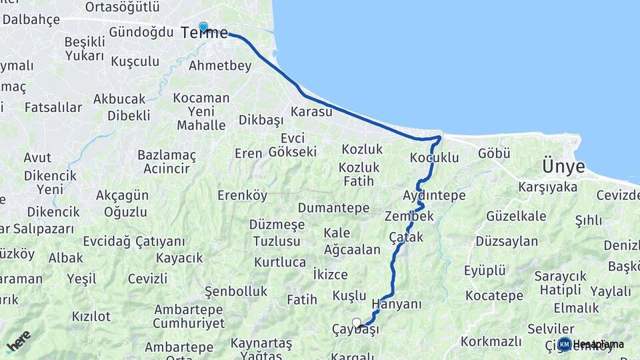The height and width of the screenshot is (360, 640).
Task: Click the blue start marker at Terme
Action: [x=203, y=27]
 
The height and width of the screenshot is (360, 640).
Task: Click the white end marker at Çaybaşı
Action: [x=357, y=323]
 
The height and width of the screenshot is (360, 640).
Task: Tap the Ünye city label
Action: [x=563, y=166]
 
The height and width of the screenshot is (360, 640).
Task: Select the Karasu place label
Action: [x=311, y=111]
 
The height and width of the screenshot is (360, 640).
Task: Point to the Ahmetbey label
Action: [x=220, y=65]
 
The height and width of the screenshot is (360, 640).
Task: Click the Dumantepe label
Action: [x=333, y=208]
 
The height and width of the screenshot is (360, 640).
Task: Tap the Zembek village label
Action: [x=409, y=217]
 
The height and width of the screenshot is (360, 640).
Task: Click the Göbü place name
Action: [x=494, y=154]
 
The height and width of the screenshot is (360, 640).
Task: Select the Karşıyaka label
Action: [x=547, y=187]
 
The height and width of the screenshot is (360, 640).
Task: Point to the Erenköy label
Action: [x=242, y=195]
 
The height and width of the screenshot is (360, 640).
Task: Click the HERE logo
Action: [x=18, y=342]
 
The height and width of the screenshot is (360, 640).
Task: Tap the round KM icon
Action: [x=565, y=344]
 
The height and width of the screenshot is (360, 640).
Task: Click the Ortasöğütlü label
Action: [x=123, y=7]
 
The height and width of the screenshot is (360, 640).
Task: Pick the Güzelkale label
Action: [x=517, y=216]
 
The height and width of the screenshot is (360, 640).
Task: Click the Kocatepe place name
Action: [x=495, y=295]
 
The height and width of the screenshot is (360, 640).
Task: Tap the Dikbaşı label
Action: [x=261, y=121]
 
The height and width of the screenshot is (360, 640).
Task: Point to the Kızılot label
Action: [x=91, y=316]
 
